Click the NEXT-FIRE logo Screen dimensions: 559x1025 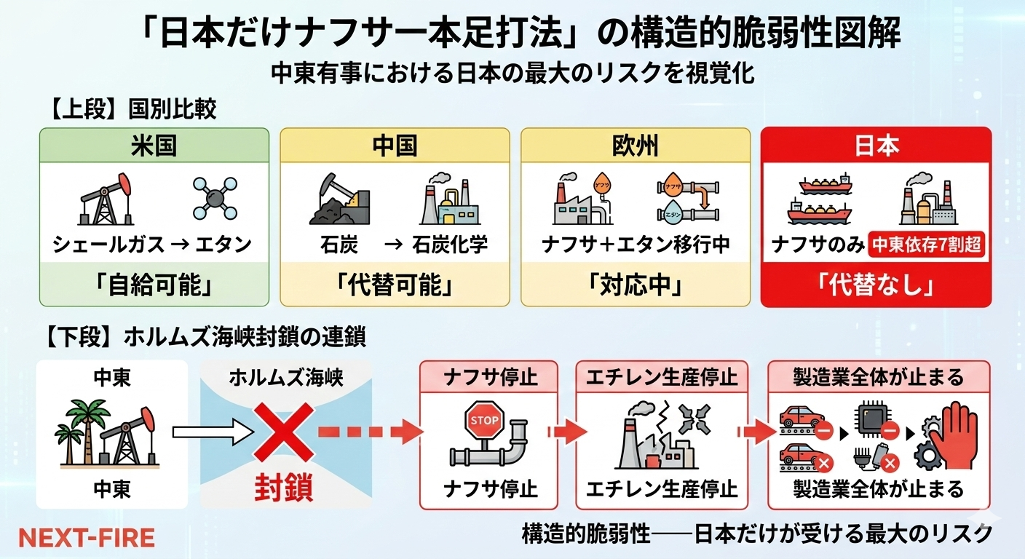click(x=87, y=537)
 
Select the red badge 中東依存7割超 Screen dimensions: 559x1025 click(x=927, y=245)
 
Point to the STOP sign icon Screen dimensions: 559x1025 click(x=485, y=421)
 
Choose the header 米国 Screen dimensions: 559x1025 click(x=154, y=146)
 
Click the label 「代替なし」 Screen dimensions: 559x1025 click(x=876, y=285)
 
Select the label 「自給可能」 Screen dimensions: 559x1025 click(x=154, y=285)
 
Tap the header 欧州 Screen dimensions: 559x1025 click(x=636, y=146)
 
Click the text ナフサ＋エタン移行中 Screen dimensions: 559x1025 click(x=636, y=245)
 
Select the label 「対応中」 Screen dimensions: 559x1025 click(x=636, y=285)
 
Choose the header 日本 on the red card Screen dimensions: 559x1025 click(x=876, y=146)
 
